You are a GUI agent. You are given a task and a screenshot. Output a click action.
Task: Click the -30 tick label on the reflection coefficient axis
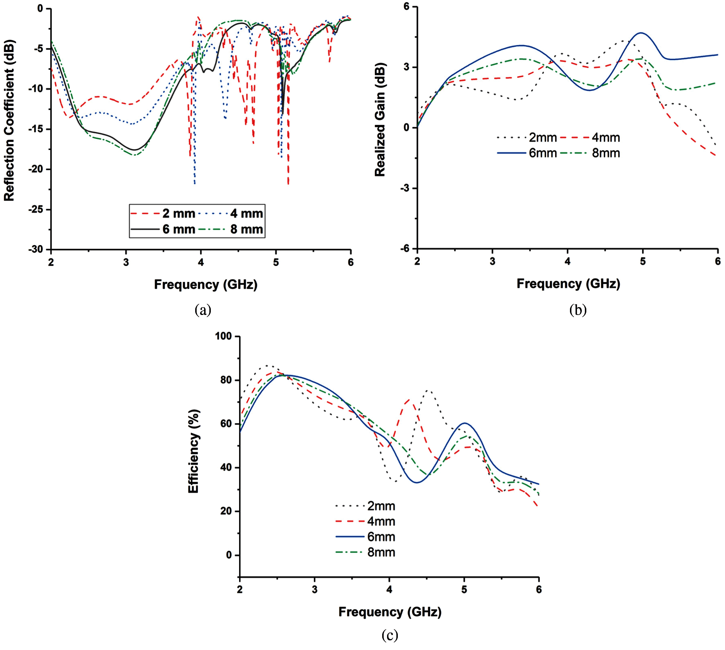tap(36, 249)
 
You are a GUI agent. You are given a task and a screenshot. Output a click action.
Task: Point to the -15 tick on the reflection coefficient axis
tap(36, 129)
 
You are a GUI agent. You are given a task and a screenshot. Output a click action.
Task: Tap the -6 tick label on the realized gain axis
tap(405, 248)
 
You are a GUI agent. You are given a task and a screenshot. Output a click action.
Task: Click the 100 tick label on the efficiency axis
tap(223, 336)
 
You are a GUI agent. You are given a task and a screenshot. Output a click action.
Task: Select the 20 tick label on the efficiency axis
tap(226, 511)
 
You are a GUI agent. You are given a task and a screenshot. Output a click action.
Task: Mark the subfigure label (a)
tap(203, 309)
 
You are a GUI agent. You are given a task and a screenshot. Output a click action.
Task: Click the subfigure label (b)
tap(578, 309)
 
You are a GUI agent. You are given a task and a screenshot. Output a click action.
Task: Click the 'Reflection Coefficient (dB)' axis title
tap(9, 120)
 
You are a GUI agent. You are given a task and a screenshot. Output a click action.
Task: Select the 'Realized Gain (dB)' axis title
tap(380, 120)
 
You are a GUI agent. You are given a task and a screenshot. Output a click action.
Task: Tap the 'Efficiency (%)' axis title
tap(193, 451)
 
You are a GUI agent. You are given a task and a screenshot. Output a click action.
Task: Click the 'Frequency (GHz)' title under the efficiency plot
tap(390, 612)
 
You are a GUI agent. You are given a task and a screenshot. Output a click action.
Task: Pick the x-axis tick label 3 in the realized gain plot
tap(492, 261)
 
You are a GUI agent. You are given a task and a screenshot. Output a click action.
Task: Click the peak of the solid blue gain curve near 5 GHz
tap(641, 33)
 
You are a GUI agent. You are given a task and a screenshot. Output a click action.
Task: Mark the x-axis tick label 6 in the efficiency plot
tap(539, 589)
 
